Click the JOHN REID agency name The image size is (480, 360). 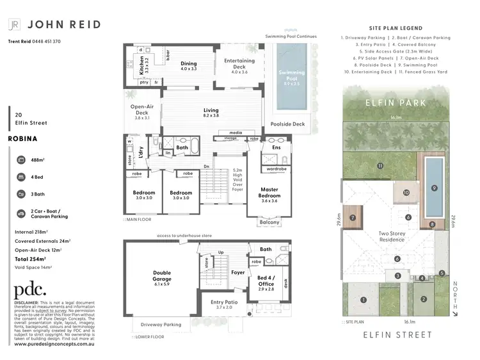tap(63, 24)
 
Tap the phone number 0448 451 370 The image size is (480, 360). tap(44, 42)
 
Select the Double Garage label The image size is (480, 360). tap(161, 276)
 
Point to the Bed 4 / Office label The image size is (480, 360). tap(266, 281)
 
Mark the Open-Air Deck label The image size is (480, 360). tap(141, 110)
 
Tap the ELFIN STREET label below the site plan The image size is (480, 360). tap(397, 334)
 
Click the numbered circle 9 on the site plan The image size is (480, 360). tap(434, 188)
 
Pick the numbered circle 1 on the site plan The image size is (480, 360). tap(364, 300)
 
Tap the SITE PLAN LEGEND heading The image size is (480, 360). tap(396, 29)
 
